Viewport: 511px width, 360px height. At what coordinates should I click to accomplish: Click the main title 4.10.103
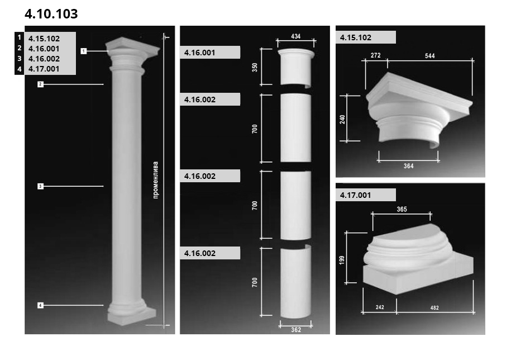click(51, 13)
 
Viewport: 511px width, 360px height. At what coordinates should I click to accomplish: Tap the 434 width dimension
click(295, 36)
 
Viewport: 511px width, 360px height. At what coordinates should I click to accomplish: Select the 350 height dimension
click(255, 68)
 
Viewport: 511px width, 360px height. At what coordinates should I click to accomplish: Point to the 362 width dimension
click(296, 330)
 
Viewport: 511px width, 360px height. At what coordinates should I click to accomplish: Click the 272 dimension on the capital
click(375, 55)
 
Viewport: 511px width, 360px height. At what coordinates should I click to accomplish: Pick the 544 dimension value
click(430, 56)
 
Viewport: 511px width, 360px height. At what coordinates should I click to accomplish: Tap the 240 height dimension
click(342, 119)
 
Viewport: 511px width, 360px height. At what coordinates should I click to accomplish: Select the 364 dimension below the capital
click(409, 166)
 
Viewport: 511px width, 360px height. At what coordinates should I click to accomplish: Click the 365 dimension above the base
click(402, 209)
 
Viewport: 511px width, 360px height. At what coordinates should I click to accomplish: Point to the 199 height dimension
click(342, 260)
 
